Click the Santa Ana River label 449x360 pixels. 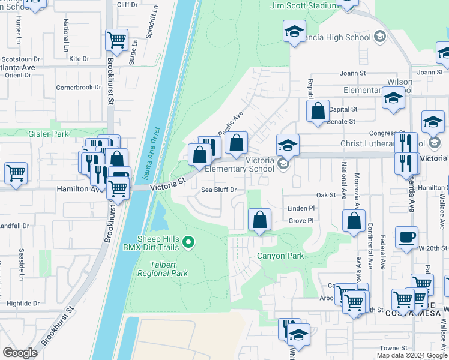(x=152, y=153)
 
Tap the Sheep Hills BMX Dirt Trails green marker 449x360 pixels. (x=189, y=242)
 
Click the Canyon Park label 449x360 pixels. (x=280, y=256)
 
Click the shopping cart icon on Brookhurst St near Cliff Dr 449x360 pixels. (x=116, y=40)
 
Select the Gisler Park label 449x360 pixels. (x=49, y=134)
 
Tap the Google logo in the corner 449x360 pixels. (x=20, y=353)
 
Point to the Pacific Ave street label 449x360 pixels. (x=229, y=124)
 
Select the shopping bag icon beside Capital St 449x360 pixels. (x=318, y=111)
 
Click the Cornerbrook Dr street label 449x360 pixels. (x=79, y=87)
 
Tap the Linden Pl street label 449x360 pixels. (x=301, y=208)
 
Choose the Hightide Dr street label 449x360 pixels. (x=20, y=304)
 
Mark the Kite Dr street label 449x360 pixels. (x=79, y=59)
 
